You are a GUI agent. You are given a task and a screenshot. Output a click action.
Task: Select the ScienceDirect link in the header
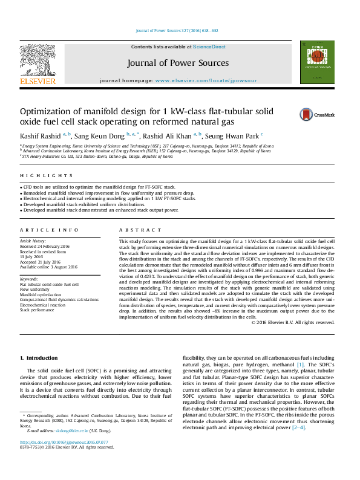209,47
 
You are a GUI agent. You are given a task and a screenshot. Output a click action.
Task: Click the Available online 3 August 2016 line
48,267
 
